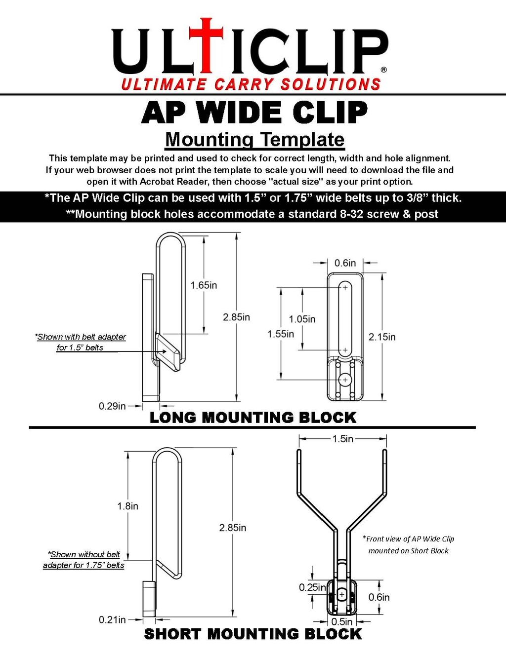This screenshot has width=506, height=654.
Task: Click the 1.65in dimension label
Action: [204, 285]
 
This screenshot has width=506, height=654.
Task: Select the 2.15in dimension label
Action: [382, 337]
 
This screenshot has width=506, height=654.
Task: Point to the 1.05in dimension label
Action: [302, 319]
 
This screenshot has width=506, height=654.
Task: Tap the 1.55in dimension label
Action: [281, 334]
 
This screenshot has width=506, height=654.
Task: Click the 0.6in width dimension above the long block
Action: [345, 263]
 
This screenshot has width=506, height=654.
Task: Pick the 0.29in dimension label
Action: [112, 406]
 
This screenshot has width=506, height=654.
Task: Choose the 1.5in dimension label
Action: [342, 439]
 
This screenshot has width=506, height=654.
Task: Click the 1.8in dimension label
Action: [127, 506]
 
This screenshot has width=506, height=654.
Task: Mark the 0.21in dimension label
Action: [112, 619]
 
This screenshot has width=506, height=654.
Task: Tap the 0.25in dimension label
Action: [312, 587]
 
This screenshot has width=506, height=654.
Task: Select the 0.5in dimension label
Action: [342, 621]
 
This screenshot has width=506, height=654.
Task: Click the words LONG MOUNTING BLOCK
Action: [253, 418]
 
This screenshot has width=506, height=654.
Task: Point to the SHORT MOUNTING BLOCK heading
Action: [253, 634]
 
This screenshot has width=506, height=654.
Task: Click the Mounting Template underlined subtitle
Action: [254, 140]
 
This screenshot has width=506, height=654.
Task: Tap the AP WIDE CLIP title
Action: [254, 113]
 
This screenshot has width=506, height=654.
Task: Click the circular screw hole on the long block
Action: [345, 380]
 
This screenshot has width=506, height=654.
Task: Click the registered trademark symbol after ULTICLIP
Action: [384, 70]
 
